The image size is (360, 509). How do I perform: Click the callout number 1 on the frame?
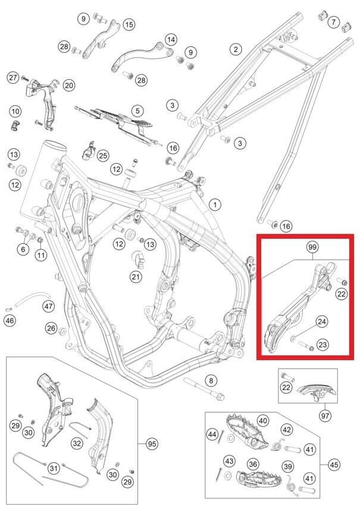click(214, 204)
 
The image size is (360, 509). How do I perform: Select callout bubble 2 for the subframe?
click(236, 49)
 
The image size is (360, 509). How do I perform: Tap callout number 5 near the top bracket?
click(137, 111)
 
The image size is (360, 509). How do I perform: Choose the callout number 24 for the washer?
click(322, 322)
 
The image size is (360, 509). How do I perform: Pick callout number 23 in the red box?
click(323, 344)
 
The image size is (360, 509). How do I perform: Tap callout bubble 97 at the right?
click(324, 414)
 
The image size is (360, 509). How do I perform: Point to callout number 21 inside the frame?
click(136, 277)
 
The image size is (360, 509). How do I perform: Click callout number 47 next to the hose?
click(48, 306)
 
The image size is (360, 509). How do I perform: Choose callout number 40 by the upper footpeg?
click(263, 421)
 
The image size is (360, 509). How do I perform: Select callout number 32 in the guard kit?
click(77, 444)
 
